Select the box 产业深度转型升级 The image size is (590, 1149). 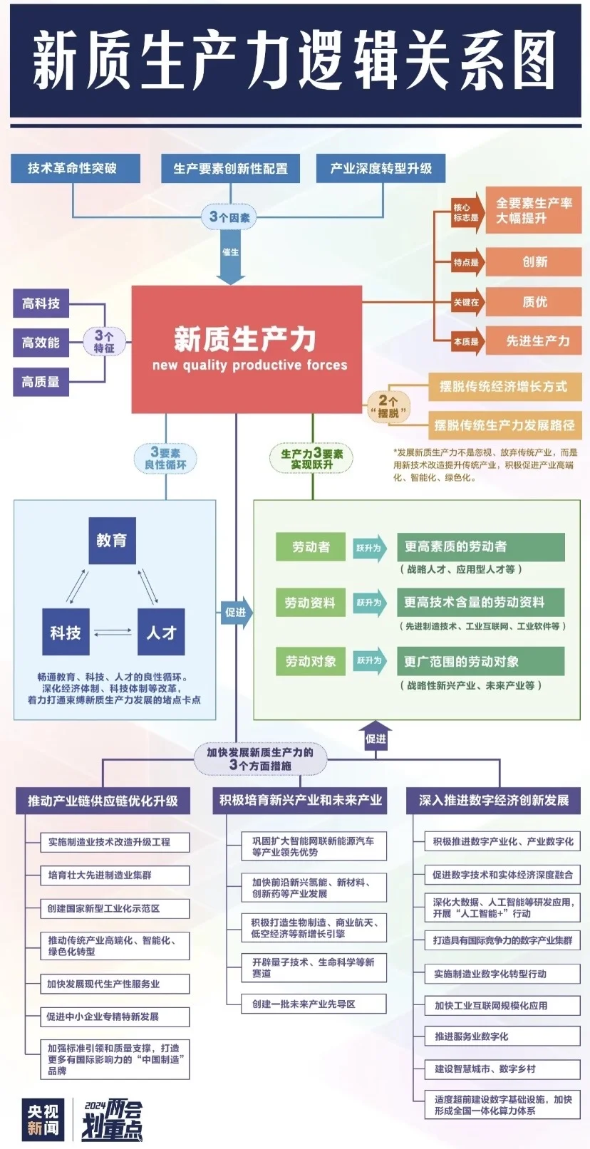click(x=381, y=169)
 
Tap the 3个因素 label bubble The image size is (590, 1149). click(x=229, y=217)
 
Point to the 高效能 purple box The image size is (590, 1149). click(x=41, y=343)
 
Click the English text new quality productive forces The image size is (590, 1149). click(x=249, y=365)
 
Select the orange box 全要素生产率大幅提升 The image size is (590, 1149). click(x=534, y=211)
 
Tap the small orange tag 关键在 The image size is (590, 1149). click(x=467, y=302)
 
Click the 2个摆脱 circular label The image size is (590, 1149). click(x=388, y=406)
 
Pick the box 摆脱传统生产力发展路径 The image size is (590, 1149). click(x=504, y=425)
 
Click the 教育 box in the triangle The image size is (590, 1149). click(x=112, y=541)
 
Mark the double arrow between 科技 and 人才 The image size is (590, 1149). click(x=113, y=632)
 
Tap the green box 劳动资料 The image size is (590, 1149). click(x=310, y=603)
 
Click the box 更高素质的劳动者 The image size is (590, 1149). click(x=480, y=547)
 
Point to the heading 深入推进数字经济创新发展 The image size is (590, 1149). click(x=493, y=800)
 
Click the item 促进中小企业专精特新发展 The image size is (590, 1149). click(x=114, y=1017)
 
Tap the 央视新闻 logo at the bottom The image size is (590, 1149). click(x=43, y=1119)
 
